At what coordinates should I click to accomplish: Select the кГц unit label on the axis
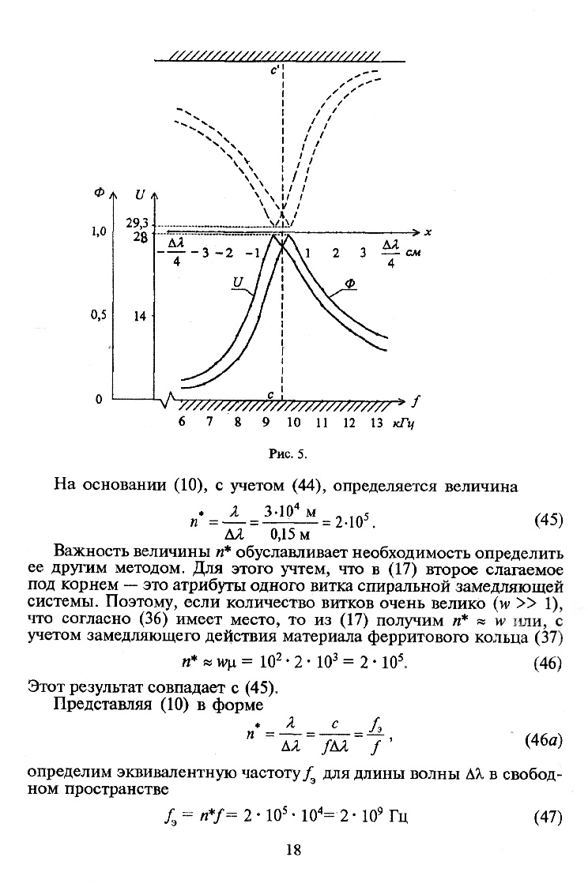coord(404,423)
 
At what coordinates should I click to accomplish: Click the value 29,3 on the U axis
coord(138,224)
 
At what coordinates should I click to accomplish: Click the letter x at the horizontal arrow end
coord(427,232)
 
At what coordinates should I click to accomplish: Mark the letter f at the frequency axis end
coord(416,400)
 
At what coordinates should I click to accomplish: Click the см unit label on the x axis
coord(412,254)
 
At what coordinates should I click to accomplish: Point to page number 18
coord(293,851)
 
